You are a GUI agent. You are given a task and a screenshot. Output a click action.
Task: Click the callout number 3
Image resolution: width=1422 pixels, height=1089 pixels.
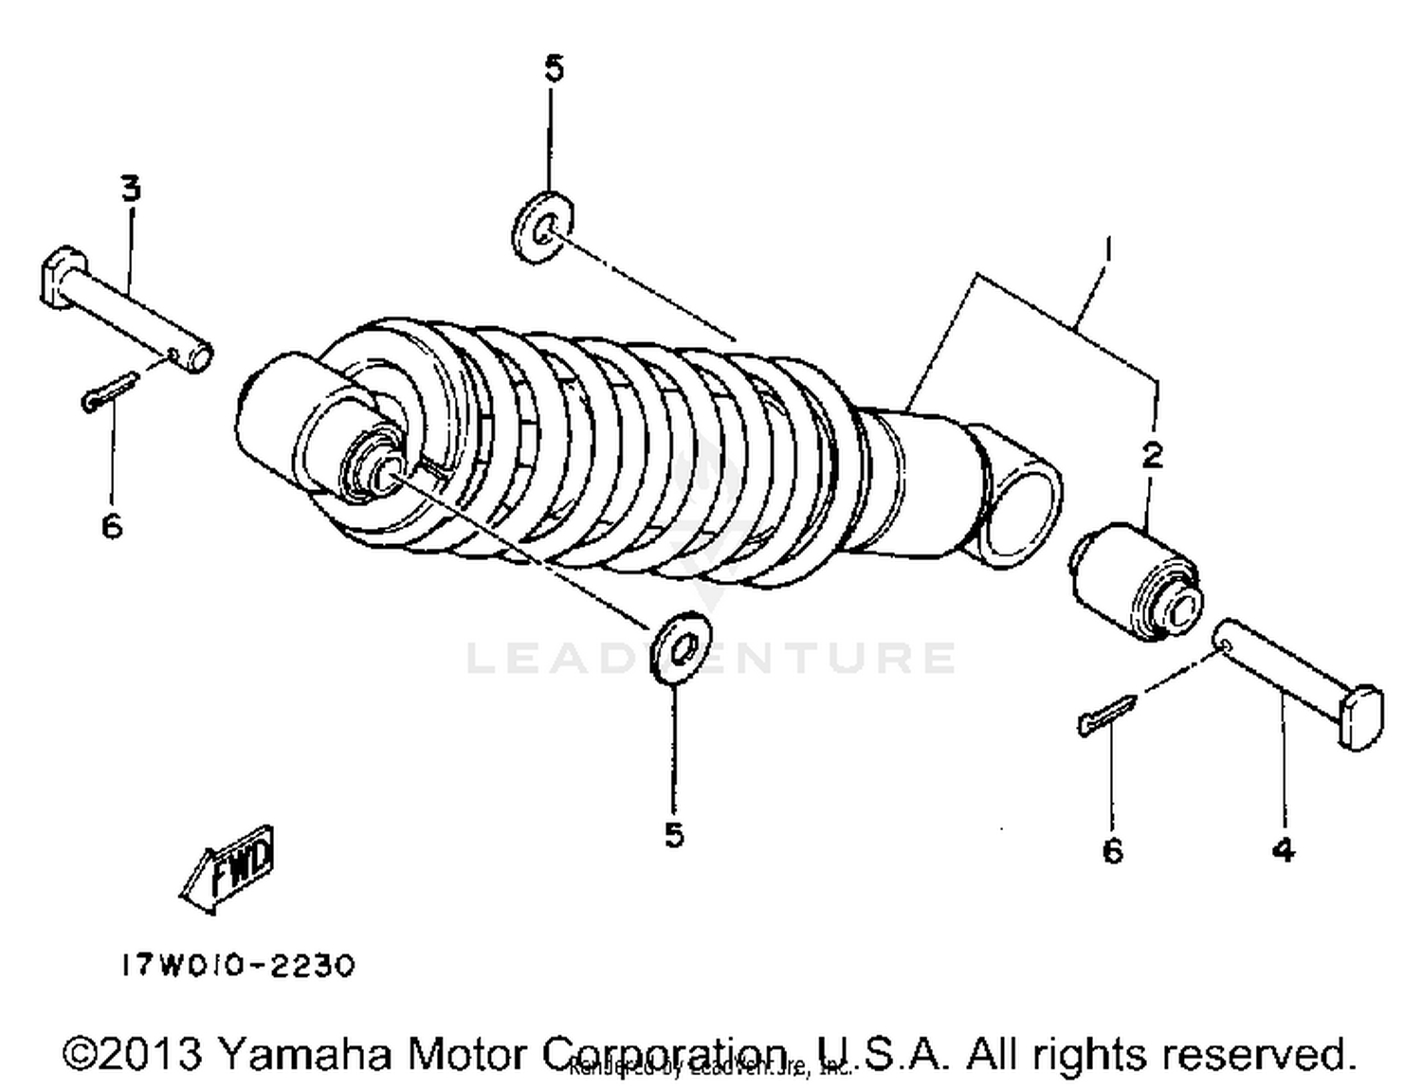(130, 188)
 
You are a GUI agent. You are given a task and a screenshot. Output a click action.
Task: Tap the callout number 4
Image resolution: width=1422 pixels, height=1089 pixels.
(1282, 850)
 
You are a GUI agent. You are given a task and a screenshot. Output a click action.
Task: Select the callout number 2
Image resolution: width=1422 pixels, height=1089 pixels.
(1152, 456)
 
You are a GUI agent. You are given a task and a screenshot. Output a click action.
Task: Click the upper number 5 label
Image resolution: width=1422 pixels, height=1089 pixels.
(554, 68)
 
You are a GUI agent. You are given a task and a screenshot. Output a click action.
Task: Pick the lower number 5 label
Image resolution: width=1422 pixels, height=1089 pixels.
(673, 835)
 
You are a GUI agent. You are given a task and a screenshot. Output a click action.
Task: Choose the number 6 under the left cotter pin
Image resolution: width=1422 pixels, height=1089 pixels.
(112, 524)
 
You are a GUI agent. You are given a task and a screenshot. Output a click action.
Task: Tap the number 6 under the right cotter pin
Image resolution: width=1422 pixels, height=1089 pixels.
(1112, 850)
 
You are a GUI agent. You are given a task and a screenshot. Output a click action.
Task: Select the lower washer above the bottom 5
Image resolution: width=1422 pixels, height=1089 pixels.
(683, 649)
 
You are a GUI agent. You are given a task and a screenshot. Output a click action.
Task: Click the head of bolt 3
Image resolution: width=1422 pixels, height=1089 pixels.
(59, 277)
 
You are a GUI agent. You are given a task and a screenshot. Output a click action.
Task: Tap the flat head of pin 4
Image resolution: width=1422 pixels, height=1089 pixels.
(1361, 717)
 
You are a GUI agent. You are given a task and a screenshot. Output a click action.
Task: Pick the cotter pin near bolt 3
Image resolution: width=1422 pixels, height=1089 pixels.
(110, 390)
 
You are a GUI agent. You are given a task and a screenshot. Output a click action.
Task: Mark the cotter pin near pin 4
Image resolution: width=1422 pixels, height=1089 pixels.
(1106, 715)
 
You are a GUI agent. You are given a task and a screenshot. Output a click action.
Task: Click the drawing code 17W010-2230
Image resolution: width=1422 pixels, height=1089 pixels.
(237, 966)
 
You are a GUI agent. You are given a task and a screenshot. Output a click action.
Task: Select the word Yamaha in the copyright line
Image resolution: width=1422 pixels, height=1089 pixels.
(304, 1054)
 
